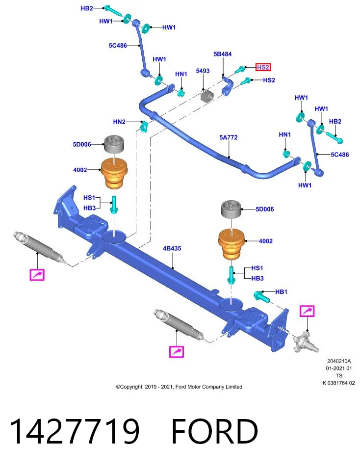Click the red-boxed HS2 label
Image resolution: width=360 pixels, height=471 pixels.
[263, 67]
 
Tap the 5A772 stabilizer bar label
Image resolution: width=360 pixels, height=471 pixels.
[229, 137]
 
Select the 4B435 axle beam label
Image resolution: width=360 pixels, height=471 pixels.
[172, 248]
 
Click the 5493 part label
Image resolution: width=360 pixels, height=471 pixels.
[203, 71]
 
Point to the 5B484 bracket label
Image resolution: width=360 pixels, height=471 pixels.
[223, 54]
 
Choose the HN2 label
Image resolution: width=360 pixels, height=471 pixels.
[119, 122]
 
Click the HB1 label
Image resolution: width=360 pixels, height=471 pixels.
[281, 291]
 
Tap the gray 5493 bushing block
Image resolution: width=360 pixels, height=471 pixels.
[207, 96]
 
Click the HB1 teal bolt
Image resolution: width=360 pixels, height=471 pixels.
[261, 296]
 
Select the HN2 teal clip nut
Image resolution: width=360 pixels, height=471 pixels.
[144, 126]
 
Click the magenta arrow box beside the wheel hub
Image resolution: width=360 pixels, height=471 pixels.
[307, 311]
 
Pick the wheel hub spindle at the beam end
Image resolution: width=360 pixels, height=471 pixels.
[306, 341]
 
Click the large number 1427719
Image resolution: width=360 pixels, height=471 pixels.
[75, 431]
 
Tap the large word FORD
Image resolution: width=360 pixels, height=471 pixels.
[215, 431]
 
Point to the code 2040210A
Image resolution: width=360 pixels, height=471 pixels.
[339, 361]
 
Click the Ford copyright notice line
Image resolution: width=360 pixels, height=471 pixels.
[179, 387]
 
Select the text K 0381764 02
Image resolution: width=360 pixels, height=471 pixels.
[339, 383]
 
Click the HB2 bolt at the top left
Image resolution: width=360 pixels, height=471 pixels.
[113, 11]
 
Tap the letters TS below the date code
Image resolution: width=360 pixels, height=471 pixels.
[339, 376]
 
